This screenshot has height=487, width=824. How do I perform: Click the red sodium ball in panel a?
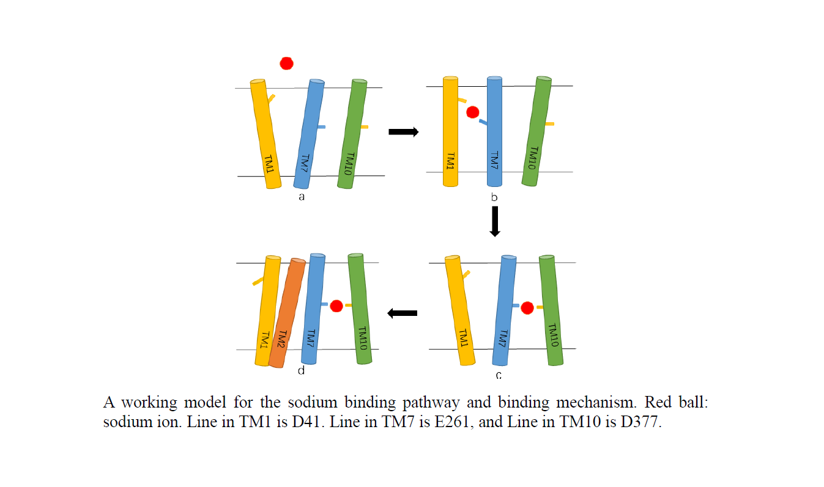coord(286,63)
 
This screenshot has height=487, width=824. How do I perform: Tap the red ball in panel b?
coord(472,112)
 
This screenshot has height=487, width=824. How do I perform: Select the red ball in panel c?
coord(527,308)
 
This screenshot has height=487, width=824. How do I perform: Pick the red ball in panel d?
coord(336,306)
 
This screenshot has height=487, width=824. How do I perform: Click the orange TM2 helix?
coord(287,312)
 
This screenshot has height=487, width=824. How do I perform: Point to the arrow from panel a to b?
coord(404,131)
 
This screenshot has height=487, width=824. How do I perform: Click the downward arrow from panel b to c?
coord(495,221)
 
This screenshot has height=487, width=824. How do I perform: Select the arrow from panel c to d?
coord(403,313)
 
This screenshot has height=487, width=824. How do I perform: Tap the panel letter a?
coord(302,197)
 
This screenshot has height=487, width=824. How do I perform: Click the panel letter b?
coord(494,197)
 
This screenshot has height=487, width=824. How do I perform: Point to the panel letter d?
coord(301,370)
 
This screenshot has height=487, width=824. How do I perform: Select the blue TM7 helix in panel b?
coord(494,131)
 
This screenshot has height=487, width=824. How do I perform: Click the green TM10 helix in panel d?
coord(360,309)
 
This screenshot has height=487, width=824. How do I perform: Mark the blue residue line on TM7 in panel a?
coord(321,127)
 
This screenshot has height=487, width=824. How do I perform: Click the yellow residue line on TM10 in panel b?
coord(549,124)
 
